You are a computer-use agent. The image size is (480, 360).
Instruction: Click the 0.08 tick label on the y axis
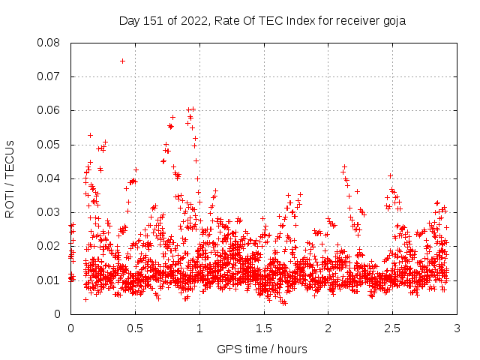(x=49, y=43)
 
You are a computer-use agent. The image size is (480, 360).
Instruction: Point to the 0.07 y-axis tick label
(x=49, y=76)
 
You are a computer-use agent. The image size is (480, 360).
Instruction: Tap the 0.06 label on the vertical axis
(x=49, y=110)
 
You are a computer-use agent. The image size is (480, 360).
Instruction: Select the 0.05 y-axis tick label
(x=49, y=145)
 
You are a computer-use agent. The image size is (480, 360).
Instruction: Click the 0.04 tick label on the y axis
(x=49, y=178)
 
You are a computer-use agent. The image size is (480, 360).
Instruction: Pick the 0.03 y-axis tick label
(x=49, y=212)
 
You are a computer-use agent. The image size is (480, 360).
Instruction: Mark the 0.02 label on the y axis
(x=49, y=246)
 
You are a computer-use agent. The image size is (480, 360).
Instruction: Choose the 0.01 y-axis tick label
(x=49, y=280)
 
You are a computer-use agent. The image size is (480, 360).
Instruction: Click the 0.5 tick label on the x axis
(x=135, y=328)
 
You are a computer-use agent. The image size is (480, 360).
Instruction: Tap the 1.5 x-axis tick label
(x=263, y=328)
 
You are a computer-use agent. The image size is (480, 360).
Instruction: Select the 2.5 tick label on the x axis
(x=392, y=328)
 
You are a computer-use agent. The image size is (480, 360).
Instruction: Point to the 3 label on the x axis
(x=457, y=328)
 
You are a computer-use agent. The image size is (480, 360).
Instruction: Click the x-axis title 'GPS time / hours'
(x=262, y=349)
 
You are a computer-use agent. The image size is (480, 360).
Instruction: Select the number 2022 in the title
(x=191, y=20)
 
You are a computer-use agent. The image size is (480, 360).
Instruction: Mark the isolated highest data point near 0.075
(x=122, y=61)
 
